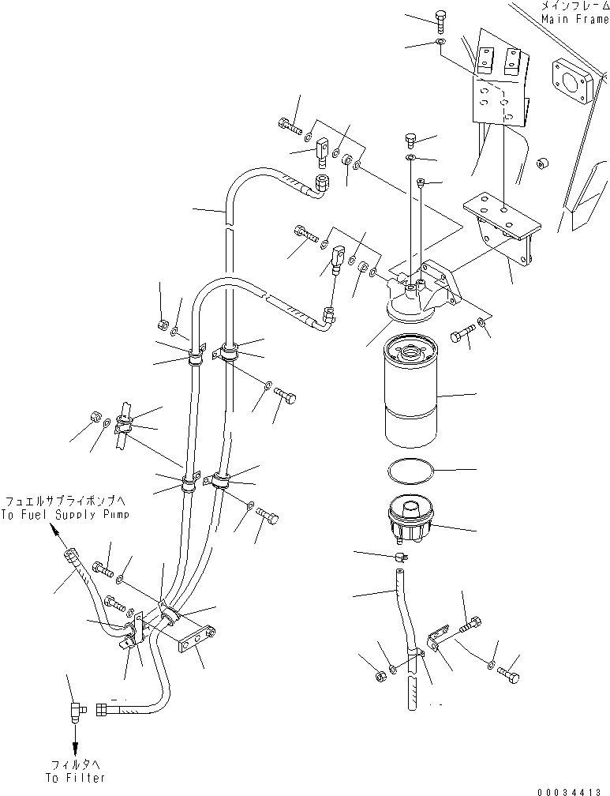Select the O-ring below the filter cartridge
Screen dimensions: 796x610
click(x=411, y=472)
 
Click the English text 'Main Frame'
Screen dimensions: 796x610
click(x=575, y=19)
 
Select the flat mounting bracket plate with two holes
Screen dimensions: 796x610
click(x=503, y=214)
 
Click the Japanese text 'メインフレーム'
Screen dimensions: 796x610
click(x=574, y=6)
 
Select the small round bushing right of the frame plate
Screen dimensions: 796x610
click(x=541, y=166)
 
